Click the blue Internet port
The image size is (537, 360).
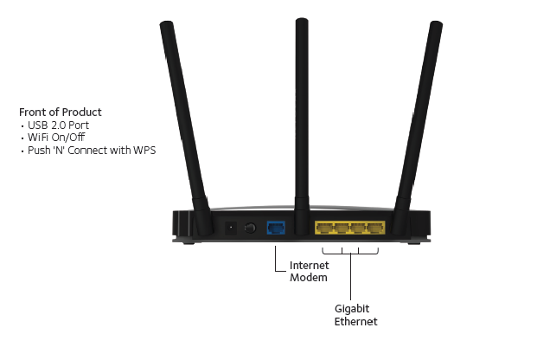277,228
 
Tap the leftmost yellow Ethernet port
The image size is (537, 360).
324,229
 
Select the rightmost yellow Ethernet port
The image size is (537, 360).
375,229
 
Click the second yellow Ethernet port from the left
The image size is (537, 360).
342,229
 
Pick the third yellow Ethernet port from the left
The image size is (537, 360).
358,229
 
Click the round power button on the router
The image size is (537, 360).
251,228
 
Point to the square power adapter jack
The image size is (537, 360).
231,228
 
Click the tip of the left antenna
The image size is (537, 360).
163,26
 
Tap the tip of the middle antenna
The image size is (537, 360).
300,22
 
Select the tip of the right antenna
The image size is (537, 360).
436,26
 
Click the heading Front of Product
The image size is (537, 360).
61,112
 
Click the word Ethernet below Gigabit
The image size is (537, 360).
355,322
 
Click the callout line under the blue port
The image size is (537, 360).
276,255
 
